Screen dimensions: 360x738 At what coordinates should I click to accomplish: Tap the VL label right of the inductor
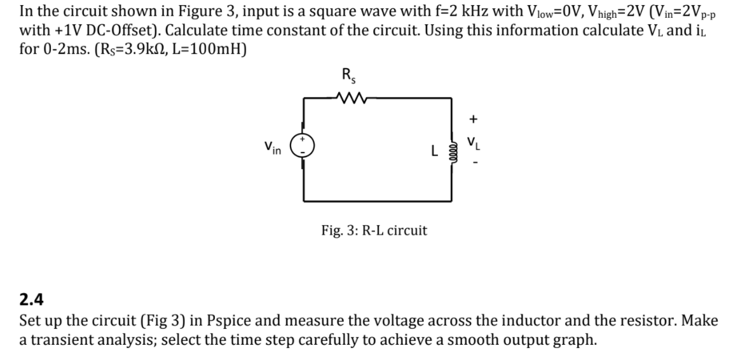(x=473, y=142)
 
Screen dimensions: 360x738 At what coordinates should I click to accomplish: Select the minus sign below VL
(x=473, y=167)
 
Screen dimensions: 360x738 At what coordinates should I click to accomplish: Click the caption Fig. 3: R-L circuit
(x=374, y=230)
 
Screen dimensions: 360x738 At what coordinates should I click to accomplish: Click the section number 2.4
(x=31, y=300)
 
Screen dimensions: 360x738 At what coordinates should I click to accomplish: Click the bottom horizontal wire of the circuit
(x=376, y=201)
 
